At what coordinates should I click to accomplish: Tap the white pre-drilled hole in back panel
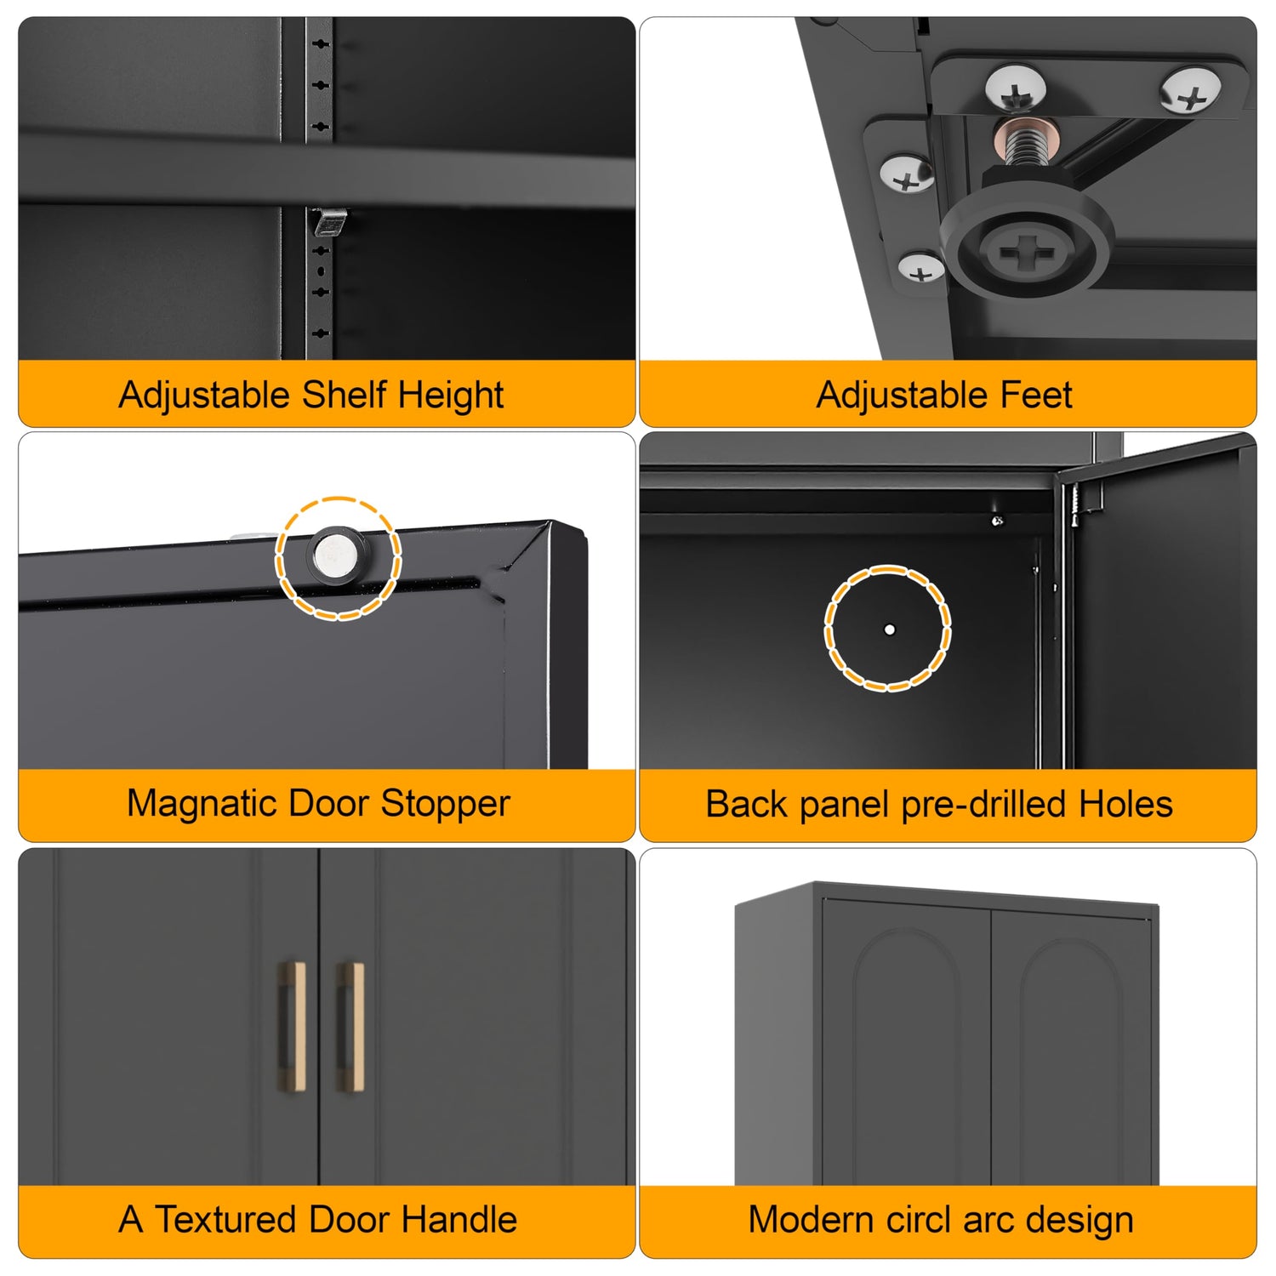coord(889,629)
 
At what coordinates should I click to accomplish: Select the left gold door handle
coord(293,1028)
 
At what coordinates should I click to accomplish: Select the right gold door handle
coord(350,1028)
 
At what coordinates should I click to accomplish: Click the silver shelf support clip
coord(329,223)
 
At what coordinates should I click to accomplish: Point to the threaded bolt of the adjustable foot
coord(1024,145)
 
